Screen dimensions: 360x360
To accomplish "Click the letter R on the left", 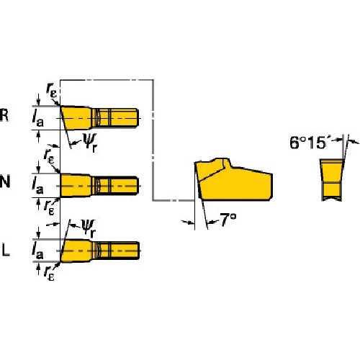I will (6, 116).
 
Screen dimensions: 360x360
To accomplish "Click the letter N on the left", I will (6, 181).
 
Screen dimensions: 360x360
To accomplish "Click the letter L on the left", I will (6, 250).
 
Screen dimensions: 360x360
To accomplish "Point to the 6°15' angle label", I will (310, 143).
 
